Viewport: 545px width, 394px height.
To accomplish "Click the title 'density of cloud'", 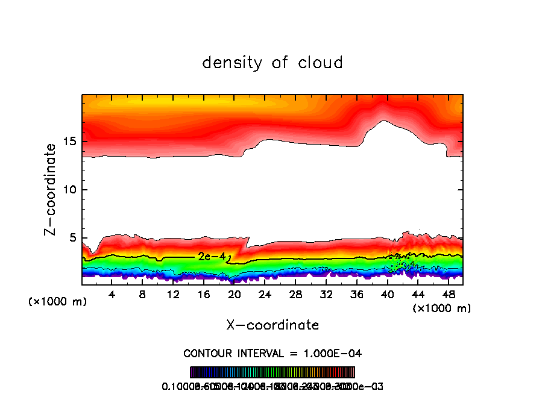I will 272,63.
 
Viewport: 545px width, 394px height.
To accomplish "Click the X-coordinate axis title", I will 272,325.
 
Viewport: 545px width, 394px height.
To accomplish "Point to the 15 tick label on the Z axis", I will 70,142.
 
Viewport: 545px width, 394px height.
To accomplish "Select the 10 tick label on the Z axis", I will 70,190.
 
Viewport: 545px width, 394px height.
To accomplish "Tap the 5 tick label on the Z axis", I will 74,238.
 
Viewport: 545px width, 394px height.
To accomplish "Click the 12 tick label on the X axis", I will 174,295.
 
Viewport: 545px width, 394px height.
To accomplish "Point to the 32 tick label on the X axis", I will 326,295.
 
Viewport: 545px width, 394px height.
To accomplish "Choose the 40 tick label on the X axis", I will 387,295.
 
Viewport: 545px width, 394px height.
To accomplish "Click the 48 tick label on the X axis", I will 448,295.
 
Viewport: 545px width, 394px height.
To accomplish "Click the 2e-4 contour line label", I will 212,257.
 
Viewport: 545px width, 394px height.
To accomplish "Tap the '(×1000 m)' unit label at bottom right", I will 441,308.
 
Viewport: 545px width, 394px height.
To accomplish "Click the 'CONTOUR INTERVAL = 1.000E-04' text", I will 272,353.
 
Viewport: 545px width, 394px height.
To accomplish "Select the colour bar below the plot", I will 272,372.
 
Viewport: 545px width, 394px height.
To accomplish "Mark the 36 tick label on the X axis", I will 356,295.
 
